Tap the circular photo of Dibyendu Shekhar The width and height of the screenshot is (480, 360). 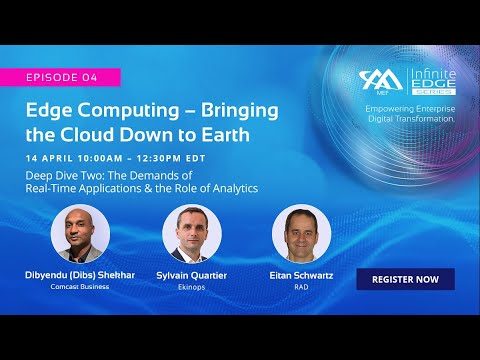(x=80, y=234)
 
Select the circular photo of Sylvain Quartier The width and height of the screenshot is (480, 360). (x=191, y=234)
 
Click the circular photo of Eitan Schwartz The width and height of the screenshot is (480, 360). (x=301, y=234)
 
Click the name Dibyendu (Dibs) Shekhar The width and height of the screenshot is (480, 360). (x=80, y=274)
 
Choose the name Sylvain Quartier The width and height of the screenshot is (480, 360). (x=191, y=274)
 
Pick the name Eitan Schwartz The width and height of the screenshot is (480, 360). (x=301, y=274)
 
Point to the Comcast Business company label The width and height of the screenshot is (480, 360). (x=80, y=286)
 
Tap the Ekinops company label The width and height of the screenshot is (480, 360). (x=191, y=286)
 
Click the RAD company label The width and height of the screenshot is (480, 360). (x=301, y=286)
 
